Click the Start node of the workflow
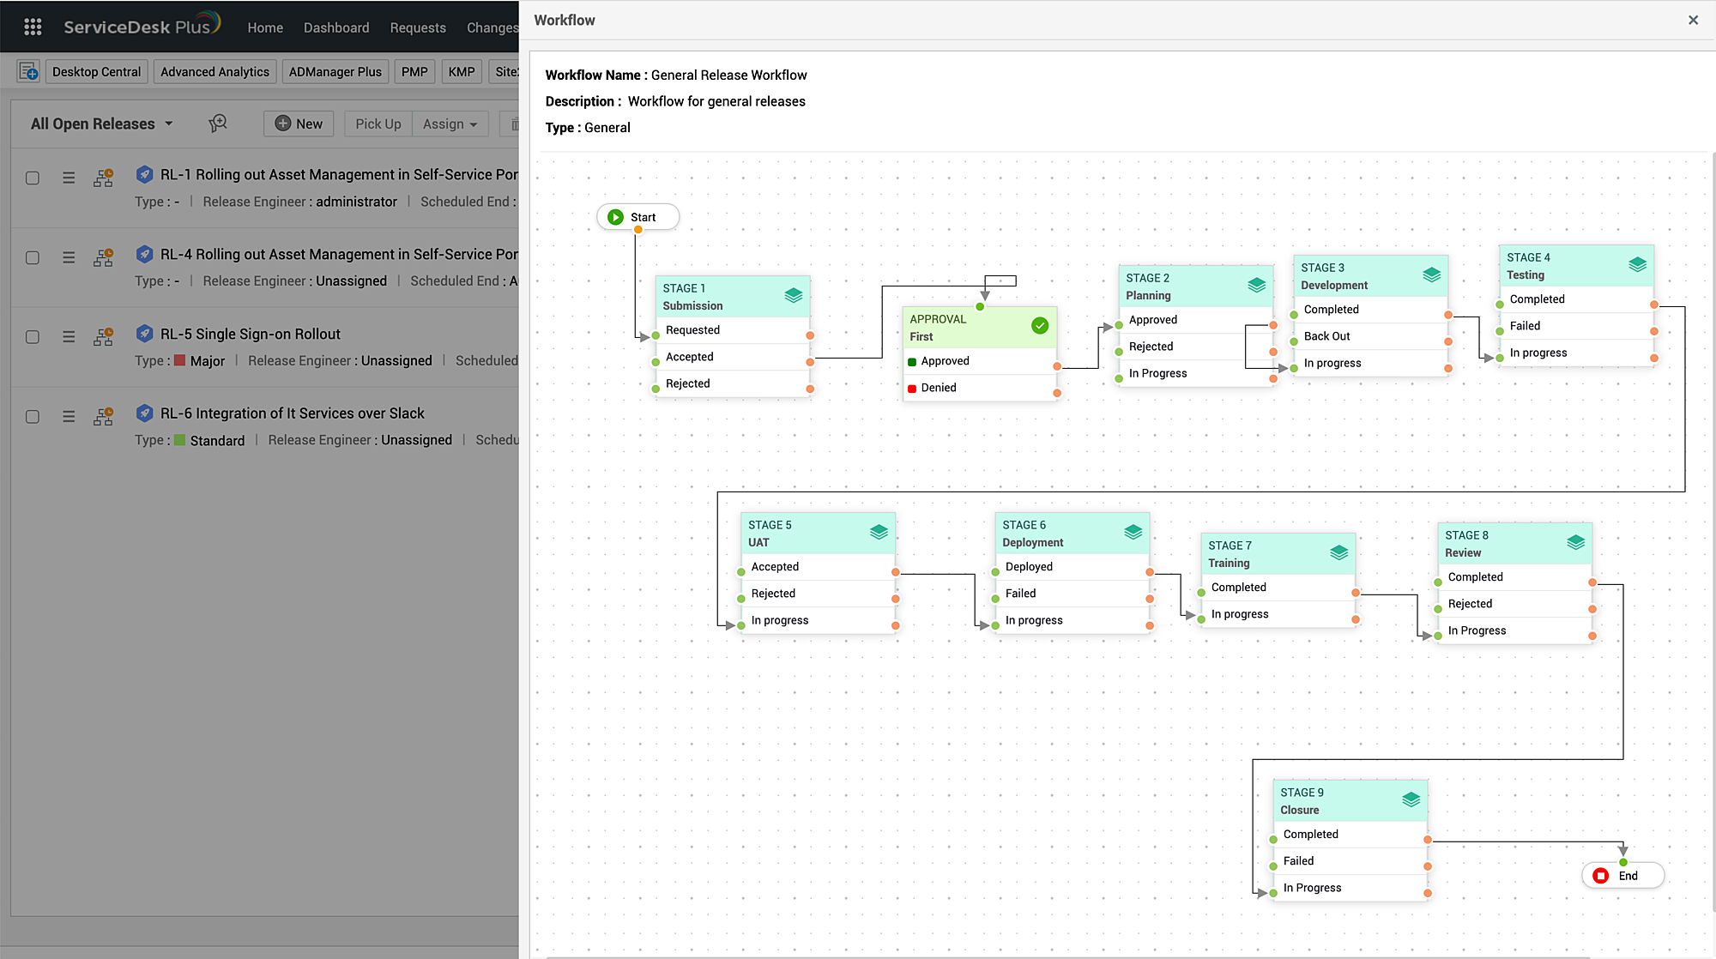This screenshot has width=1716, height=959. pos(637,217)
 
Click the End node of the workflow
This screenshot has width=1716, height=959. pos(1622,876)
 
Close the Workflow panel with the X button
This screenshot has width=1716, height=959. pos(1693,20)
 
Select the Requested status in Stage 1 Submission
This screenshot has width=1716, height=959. pos(692,330)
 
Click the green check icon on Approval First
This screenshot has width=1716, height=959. pos(1040,326)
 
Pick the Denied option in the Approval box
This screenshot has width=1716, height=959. pos(938,388)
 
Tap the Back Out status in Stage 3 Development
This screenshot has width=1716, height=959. pos(1326,336)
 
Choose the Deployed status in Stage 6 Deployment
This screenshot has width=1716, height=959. pos(1029,567)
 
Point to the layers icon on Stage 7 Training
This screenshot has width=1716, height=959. pos(1338,553)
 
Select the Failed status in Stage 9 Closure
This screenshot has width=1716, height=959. pos(1298,861)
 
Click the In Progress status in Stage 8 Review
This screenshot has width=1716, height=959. pos(1477,630)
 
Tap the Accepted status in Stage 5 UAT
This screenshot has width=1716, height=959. pos(775,567)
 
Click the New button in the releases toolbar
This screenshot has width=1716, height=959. pos(299,124)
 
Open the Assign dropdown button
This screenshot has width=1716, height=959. pos(450,124)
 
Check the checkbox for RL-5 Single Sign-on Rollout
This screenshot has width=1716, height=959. pos(33,337)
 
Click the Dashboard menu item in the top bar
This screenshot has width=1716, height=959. pos(335,27)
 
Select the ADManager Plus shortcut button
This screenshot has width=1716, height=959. pos(335,72)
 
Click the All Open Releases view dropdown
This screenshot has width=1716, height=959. pos(101,124)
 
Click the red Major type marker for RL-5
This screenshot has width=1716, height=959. pos(179,360)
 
